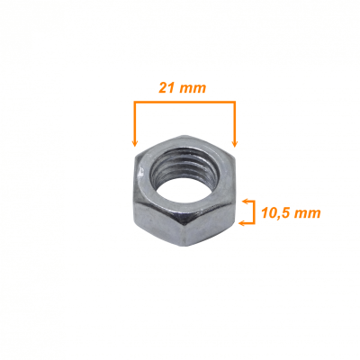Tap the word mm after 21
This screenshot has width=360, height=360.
point(193,89)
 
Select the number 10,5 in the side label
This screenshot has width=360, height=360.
point(274,213)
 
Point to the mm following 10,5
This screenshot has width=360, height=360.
point(307,214)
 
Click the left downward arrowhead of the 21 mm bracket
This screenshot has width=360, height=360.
point(135,143)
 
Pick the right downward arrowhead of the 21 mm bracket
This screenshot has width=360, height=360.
point(235,143)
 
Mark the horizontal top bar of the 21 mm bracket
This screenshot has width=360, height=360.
point(184,103)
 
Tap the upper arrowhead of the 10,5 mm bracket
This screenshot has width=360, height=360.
point(246,202)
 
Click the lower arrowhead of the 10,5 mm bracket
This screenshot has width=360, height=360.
point(242,223)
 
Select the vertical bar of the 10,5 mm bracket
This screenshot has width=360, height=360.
point(254,212)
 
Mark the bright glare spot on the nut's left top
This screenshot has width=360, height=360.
point(140,173)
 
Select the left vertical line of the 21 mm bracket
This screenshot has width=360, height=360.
point(135,124)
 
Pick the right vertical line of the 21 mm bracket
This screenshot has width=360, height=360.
point(235,124)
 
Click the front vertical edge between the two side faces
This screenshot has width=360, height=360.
point(182,230)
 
